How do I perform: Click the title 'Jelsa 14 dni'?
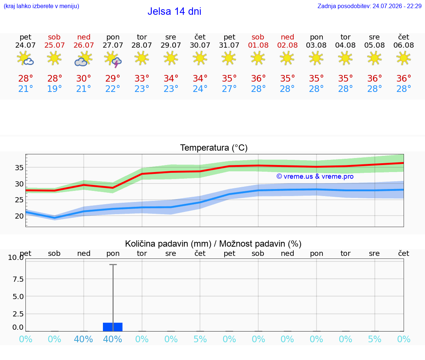(174, 11)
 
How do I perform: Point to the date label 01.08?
(258, 45)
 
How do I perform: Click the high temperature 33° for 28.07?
(142, 78)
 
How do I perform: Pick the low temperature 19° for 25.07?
(55, 89)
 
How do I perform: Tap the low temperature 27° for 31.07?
(229, 89)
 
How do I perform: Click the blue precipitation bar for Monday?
(113, 327)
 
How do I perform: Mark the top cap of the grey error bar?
(113, 264)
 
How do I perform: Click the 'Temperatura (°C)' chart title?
(214, 148)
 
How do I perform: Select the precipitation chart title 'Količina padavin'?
(168, 244)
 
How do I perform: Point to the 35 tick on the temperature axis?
(19, 168)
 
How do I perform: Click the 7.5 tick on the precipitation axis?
(18, 279)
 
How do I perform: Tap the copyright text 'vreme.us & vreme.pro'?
(315, 176)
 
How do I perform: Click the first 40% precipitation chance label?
(83, 339)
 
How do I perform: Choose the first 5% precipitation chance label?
(200, 339)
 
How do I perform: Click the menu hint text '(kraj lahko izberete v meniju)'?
(41, 6)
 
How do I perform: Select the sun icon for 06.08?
(404, 58)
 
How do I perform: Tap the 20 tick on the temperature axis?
(19, 216)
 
